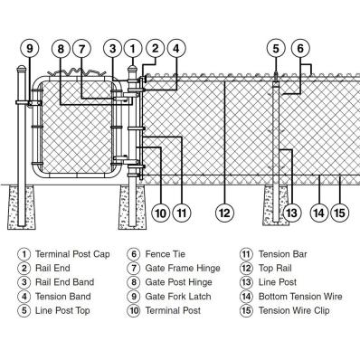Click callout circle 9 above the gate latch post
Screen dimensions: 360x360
click(30, 48)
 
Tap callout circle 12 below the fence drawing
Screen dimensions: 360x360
click(224, 213)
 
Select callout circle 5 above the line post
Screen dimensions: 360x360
click(276, 48)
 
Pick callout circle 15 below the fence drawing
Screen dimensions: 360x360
click(340, 213)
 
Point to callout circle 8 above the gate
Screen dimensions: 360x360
click(61, 48)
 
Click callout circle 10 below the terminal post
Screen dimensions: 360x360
click(161, 213)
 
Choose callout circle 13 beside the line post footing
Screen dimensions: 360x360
click(292, 213)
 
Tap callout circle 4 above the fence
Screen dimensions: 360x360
click(176, 48)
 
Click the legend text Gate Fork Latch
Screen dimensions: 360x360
click(178, 297)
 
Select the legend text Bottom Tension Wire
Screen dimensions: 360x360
click(300, 297)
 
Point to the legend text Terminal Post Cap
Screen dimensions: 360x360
click(72, 254)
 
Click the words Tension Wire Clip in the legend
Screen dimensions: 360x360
click(294, 310)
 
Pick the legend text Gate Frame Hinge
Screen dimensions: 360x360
click(183, 268)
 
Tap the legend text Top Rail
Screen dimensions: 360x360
click(275, 268)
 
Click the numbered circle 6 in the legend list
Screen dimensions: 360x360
click(134, 254)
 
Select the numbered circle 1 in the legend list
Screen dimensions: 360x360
click(24, 254)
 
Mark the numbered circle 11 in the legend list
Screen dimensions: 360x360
click(246, 254)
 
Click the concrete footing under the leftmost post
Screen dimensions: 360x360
click(22, 207)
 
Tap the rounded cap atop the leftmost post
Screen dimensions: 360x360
click(22, 70)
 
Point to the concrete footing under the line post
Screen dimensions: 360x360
click(277, 205)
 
